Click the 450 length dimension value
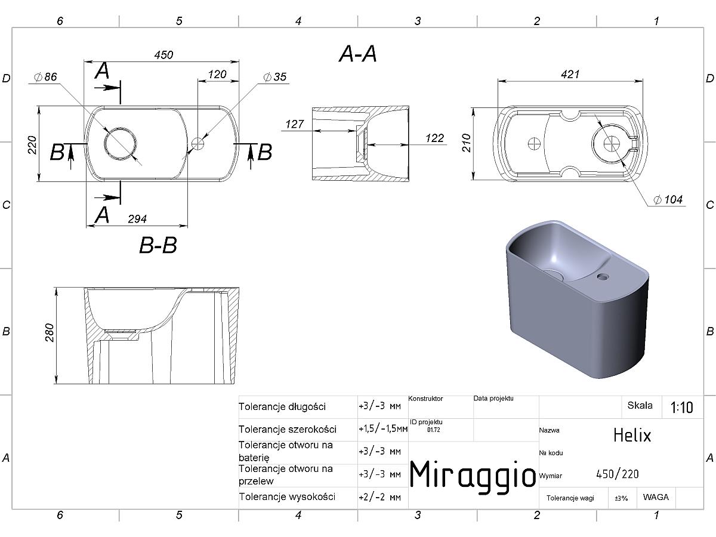tap(163, 55)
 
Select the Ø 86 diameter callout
tap(45, 77)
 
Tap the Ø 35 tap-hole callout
tap(274, 77)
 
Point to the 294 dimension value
tap(137, 219)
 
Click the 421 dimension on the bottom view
tap(570, 75)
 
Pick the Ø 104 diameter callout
tap(668, 199)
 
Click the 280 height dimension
tap(50, 332)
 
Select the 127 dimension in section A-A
tap(295, 124)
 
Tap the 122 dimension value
tap(434, 138)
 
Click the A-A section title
tap(358, 54)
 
